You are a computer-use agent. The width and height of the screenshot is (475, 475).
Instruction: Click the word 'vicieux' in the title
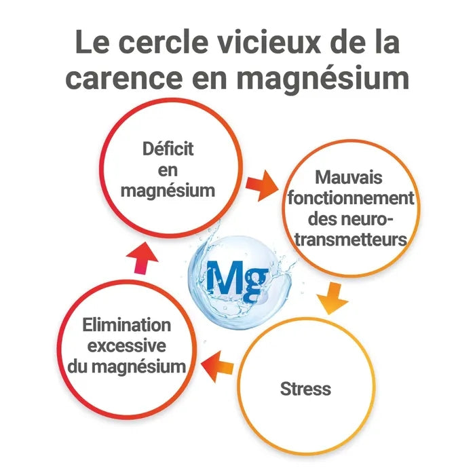pos(269,42)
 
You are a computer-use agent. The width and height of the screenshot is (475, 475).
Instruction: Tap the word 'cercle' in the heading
pos(164,42)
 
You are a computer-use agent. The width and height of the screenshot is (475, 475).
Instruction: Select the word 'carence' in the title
pos(124,78)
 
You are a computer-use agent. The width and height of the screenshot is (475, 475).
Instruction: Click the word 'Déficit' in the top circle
pos(168,149)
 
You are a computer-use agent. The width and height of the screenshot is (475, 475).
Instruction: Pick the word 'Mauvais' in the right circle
pos(349,177)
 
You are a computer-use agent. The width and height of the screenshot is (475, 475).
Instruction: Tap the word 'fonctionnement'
pos(351,198)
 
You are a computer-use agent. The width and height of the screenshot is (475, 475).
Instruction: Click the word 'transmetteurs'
pos(351,240)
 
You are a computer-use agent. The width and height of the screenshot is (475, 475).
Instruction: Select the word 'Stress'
pos(305,389)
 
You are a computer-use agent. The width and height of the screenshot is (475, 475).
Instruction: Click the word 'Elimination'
pos(127,325)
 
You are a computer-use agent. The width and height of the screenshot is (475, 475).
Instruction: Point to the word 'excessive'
pos(127,346)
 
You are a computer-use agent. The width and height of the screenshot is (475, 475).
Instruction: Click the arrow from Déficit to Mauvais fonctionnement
pos(262,185)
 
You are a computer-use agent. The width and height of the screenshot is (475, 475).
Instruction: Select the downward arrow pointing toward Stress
pos(333,299)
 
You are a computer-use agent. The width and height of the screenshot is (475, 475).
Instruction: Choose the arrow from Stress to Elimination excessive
pos(217,366)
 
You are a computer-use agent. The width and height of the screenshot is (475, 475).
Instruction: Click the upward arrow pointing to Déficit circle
pos(142,258)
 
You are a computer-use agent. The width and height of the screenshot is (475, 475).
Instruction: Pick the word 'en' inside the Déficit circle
pos(168,170)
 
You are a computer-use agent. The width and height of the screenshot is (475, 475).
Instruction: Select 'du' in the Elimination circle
pos(77,366)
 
